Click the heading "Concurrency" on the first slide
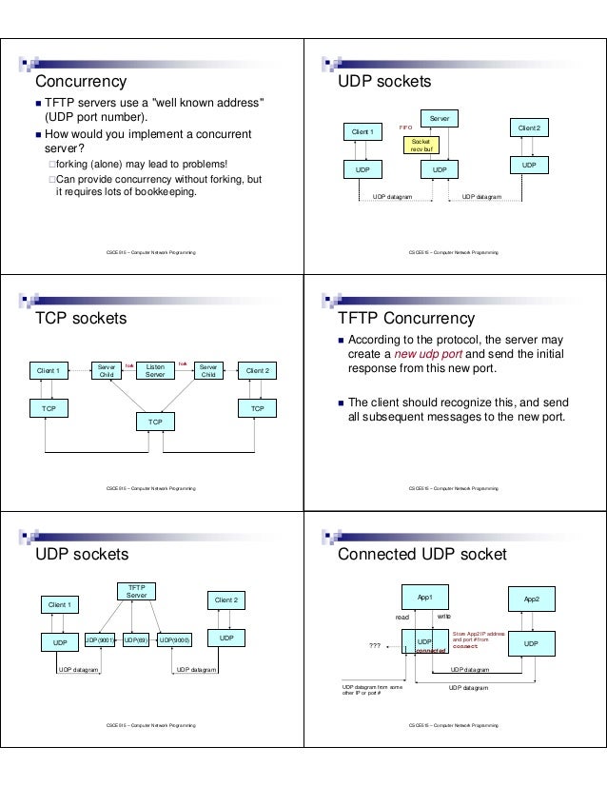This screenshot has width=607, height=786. click(x=81, y=81)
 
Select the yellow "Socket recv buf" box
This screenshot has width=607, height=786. click(x=420, y=145)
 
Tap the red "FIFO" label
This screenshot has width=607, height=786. click(x=404, y=126)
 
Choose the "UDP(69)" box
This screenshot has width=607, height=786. click(x=135, y=640)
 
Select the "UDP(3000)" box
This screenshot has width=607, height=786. click(x=174, y=640)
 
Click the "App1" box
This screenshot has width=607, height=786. click(x=424, y=597)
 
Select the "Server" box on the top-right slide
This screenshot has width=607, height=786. click(x=438, y=119)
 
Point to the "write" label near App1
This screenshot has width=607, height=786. click(x=443, y=617)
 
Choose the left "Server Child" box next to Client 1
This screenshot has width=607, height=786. click(x=105, y=370)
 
